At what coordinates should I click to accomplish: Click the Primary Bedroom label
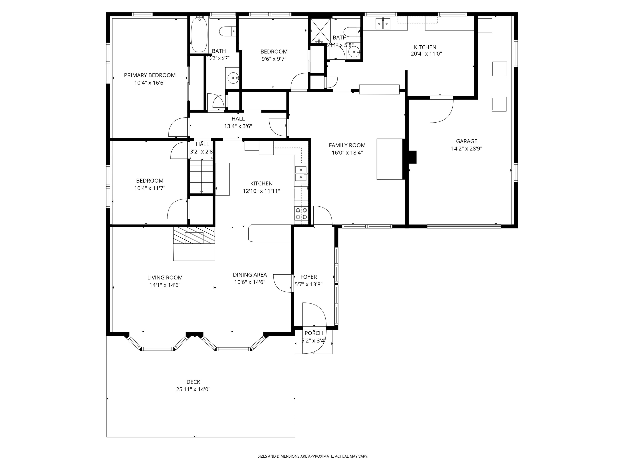150,75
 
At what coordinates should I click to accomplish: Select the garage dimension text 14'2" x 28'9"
466,149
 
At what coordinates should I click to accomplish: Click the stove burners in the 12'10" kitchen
301,214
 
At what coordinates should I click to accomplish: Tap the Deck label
193,382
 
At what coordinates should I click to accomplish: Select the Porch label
314,333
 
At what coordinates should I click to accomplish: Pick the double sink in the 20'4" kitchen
383,24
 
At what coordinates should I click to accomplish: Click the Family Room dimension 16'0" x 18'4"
347,153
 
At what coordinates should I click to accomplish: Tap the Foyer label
309,277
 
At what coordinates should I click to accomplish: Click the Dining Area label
250,275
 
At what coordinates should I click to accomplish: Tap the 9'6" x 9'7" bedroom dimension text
274,59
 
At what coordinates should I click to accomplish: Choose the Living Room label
165,278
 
